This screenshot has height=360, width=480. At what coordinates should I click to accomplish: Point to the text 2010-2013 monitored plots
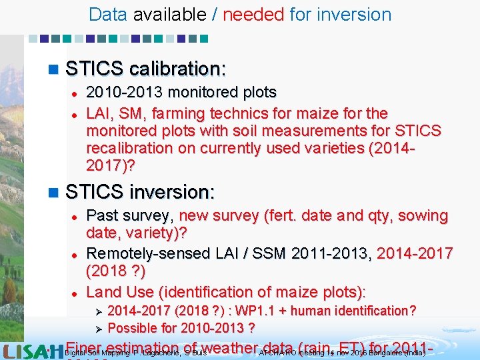coord(181,92)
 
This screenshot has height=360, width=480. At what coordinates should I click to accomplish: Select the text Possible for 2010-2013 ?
coord(181,328)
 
